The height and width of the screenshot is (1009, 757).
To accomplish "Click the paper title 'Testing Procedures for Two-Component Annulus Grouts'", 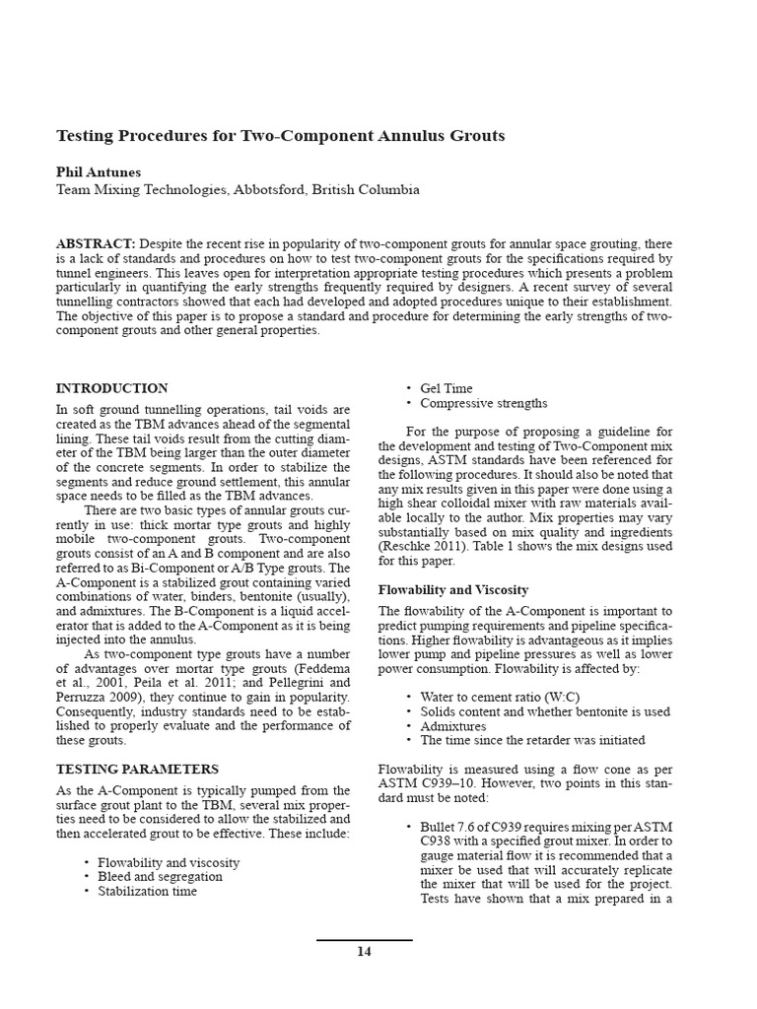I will (x=280, y=136).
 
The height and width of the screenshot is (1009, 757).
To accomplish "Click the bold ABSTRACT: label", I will (x=96, y=243).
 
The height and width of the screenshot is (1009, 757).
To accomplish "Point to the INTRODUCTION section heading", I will (x=111, y=388).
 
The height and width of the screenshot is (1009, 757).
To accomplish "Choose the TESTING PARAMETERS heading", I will (x=137, y=769).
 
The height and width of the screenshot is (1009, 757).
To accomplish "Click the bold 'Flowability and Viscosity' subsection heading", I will (x=453, y=589).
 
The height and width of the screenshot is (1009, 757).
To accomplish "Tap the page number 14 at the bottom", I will (x=364, y=952).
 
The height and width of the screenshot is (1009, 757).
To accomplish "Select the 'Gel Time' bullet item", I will (x=446, y=388).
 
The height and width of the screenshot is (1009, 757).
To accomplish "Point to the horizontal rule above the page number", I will (x=364, y=940).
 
